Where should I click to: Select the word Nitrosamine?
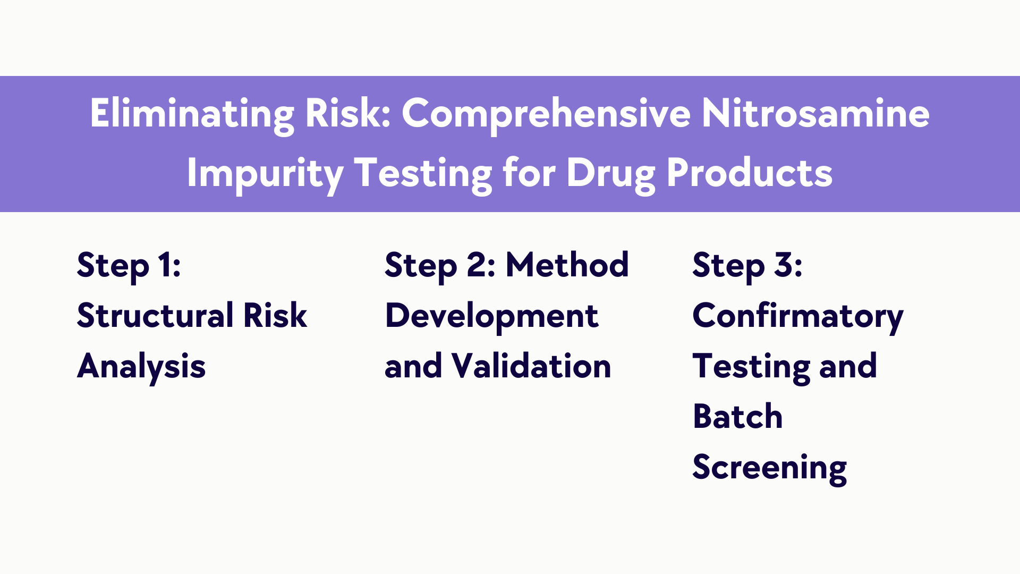(815, 113)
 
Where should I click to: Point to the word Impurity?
(265, 174)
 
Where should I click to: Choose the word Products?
(749, 173)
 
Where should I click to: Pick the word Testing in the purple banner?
(423, 174)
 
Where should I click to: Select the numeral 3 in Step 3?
(783, 265)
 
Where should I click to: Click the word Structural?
(155, 316)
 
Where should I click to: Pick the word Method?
(567, 265)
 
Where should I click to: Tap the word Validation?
(531, 366)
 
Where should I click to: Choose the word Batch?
(738, 416)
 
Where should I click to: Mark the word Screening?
(770, 468)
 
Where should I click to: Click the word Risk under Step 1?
(275, 316)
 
